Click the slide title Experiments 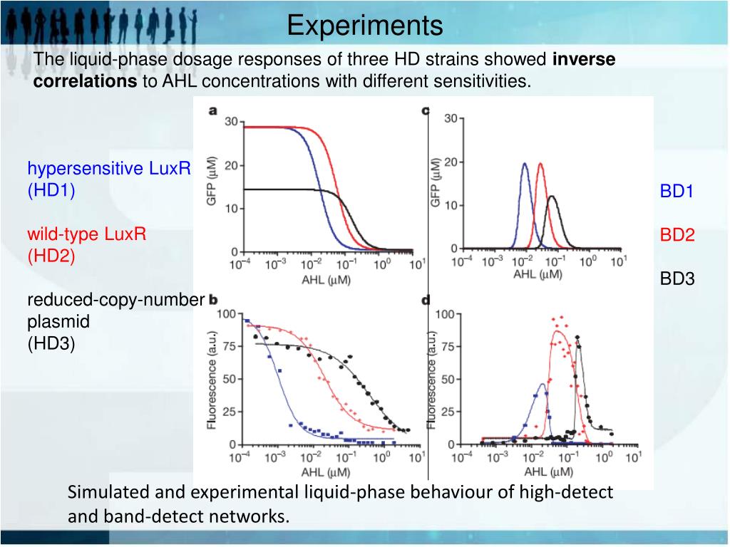click(x=365, y=26)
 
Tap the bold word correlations click(x=80, y=81)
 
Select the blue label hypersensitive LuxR click(x=109, y=169)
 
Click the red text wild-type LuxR click(x=86, y=234)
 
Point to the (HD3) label click(x=51, y=344)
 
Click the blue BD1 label click(x=677, y=191)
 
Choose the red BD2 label click(x=677, y=235)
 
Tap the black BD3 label click(x=677, y=278)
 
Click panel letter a click(x=212, y=111)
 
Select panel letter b click(x=212, y=301)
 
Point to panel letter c click(x=426, y=111)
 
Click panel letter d click(x=426, y=301)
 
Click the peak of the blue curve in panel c click(x=525, y=163)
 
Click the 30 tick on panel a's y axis click(x=231, y=123)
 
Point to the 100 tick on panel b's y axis click(x=225, y=314)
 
